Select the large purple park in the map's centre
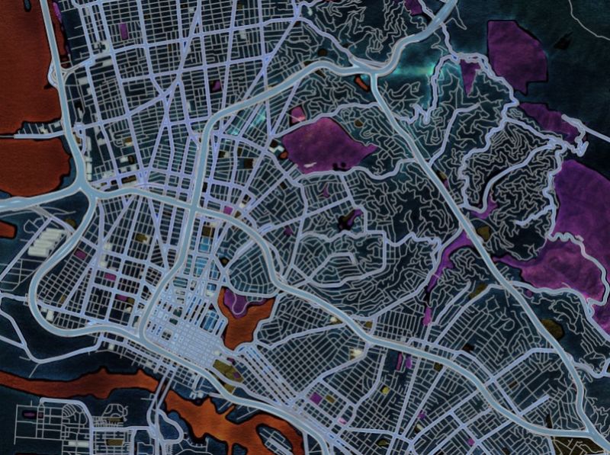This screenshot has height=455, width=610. (324, 143)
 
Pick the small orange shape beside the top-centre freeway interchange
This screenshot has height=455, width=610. (359, 79)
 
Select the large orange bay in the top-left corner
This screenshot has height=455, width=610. (27, 69)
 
